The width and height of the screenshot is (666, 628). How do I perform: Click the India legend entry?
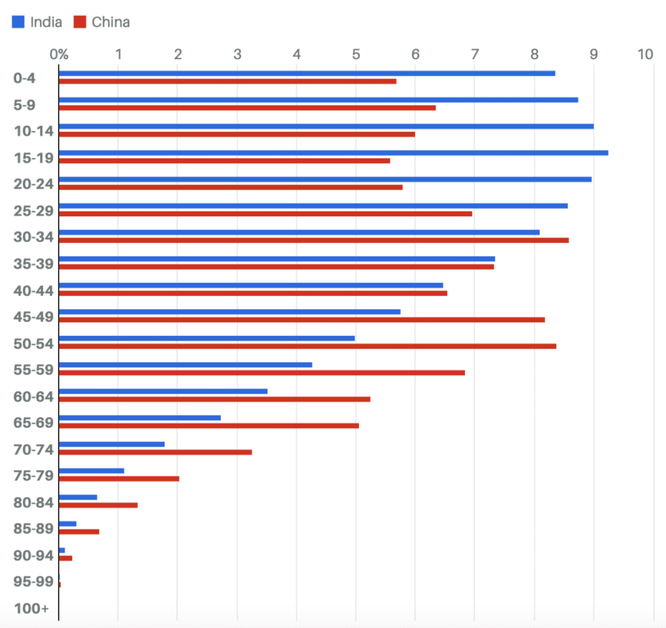(x=37, y=22)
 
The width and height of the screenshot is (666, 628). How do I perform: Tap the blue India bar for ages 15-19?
(x=333, y=153)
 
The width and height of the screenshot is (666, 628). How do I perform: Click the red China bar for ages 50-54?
(x=307, y=346)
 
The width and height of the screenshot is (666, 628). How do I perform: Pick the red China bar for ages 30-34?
(x=314, y=240)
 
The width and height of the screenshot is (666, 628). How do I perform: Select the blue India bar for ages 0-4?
(x=307, y=73)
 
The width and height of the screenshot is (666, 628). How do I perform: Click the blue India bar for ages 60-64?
(x=163, y=391)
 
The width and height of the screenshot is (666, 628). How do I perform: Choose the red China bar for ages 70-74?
(x=155, y=452)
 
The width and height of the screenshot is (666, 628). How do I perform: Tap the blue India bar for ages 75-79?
(x=91, y=471)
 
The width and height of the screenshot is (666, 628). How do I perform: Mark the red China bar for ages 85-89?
(x=79, y=532)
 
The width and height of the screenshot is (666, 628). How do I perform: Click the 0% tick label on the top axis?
(x=59, y=54)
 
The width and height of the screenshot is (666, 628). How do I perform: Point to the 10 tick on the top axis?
(x=645, y=54)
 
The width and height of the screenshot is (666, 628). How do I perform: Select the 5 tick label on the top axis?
(x=356, y=54)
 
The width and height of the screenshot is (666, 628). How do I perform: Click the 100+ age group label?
(x=31, y=608)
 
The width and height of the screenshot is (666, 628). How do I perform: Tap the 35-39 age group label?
(x=33, y=263)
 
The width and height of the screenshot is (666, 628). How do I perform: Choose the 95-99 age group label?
(x=33, y=581)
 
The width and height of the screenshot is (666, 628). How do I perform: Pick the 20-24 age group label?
(x=33, y=184)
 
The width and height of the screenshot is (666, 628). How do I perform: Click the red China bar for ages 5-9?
(x=247, y=108)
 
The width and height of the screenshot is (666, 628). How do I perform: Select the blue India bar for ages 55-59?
(x=185, y=365)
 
